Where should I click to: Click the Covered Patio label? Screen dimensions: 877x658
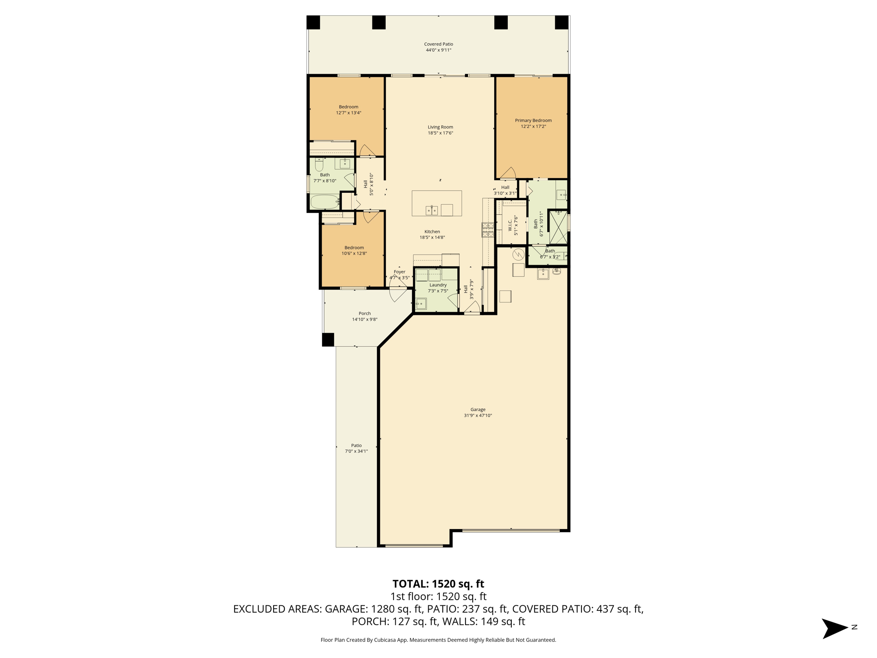(x=438, y=44)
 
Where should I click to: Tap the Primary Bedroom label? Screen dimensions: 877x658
(x=533, y=120)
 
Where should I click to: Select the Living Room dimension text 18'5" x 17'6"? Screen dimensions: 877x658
(x=440, y=133)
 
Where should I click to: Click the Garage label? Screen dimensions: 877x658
(x=478, y=410)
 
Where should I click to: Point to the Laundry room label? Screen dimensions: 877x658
(x=438, y=285)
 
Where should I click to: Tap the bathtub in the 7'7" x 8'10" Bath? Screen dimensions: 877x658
(x=325, y=202)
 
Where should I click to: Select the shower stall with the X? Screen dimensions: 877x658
(x=558, y=227)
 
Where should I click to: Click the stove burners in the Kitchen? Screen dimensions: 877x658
(x=488, y=230)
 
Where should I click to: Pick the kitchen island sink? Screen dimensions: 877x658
(x=432, y=210)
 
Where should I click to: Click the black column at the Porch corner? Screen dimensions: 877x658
(x=328, y=340)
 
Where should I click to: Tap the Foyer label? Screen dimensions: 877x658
(x=400, y=272)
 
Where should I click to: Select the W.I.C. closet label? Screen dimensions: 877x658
(x=510, y=225)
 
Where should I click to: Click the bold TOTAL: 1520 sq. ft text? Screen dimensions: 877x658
(x=438, y=584)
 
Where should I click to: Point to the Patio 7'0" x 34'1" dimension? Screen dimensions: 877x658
(x=356, y=451)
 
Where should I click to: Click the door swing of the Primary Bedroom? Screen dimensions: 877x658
(x=508, y=173)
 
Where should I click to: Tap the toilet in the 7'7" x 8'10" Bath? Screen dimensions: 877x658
(x=319, y=164)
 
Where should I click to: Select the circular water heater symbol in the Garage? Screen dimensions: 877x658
(x=518, y=254)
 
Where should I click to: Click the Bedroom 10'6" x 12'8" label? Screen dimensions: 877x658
(x=354, y=248)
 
